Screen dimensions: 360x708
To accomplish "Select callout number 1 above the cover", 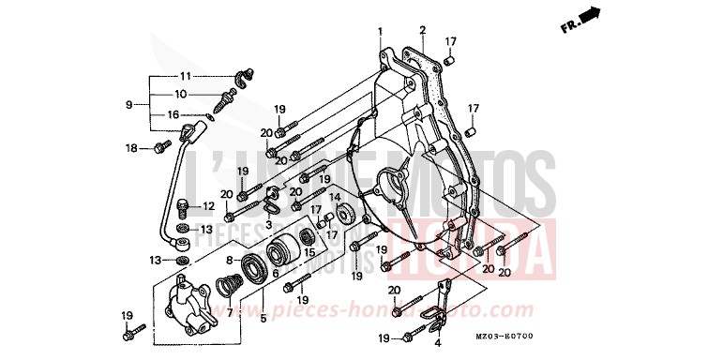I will (x=381, y=32).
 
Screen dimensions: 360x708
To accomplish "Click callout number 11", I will (x=185, y=76).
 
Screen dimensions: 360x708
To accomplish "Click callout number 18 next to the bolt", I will (x=132, y=148).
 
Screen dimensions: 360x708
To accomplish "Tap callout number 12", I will (x=208, y=205).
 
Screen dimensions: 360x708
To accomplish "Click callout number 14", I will (x=334, y=198).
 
